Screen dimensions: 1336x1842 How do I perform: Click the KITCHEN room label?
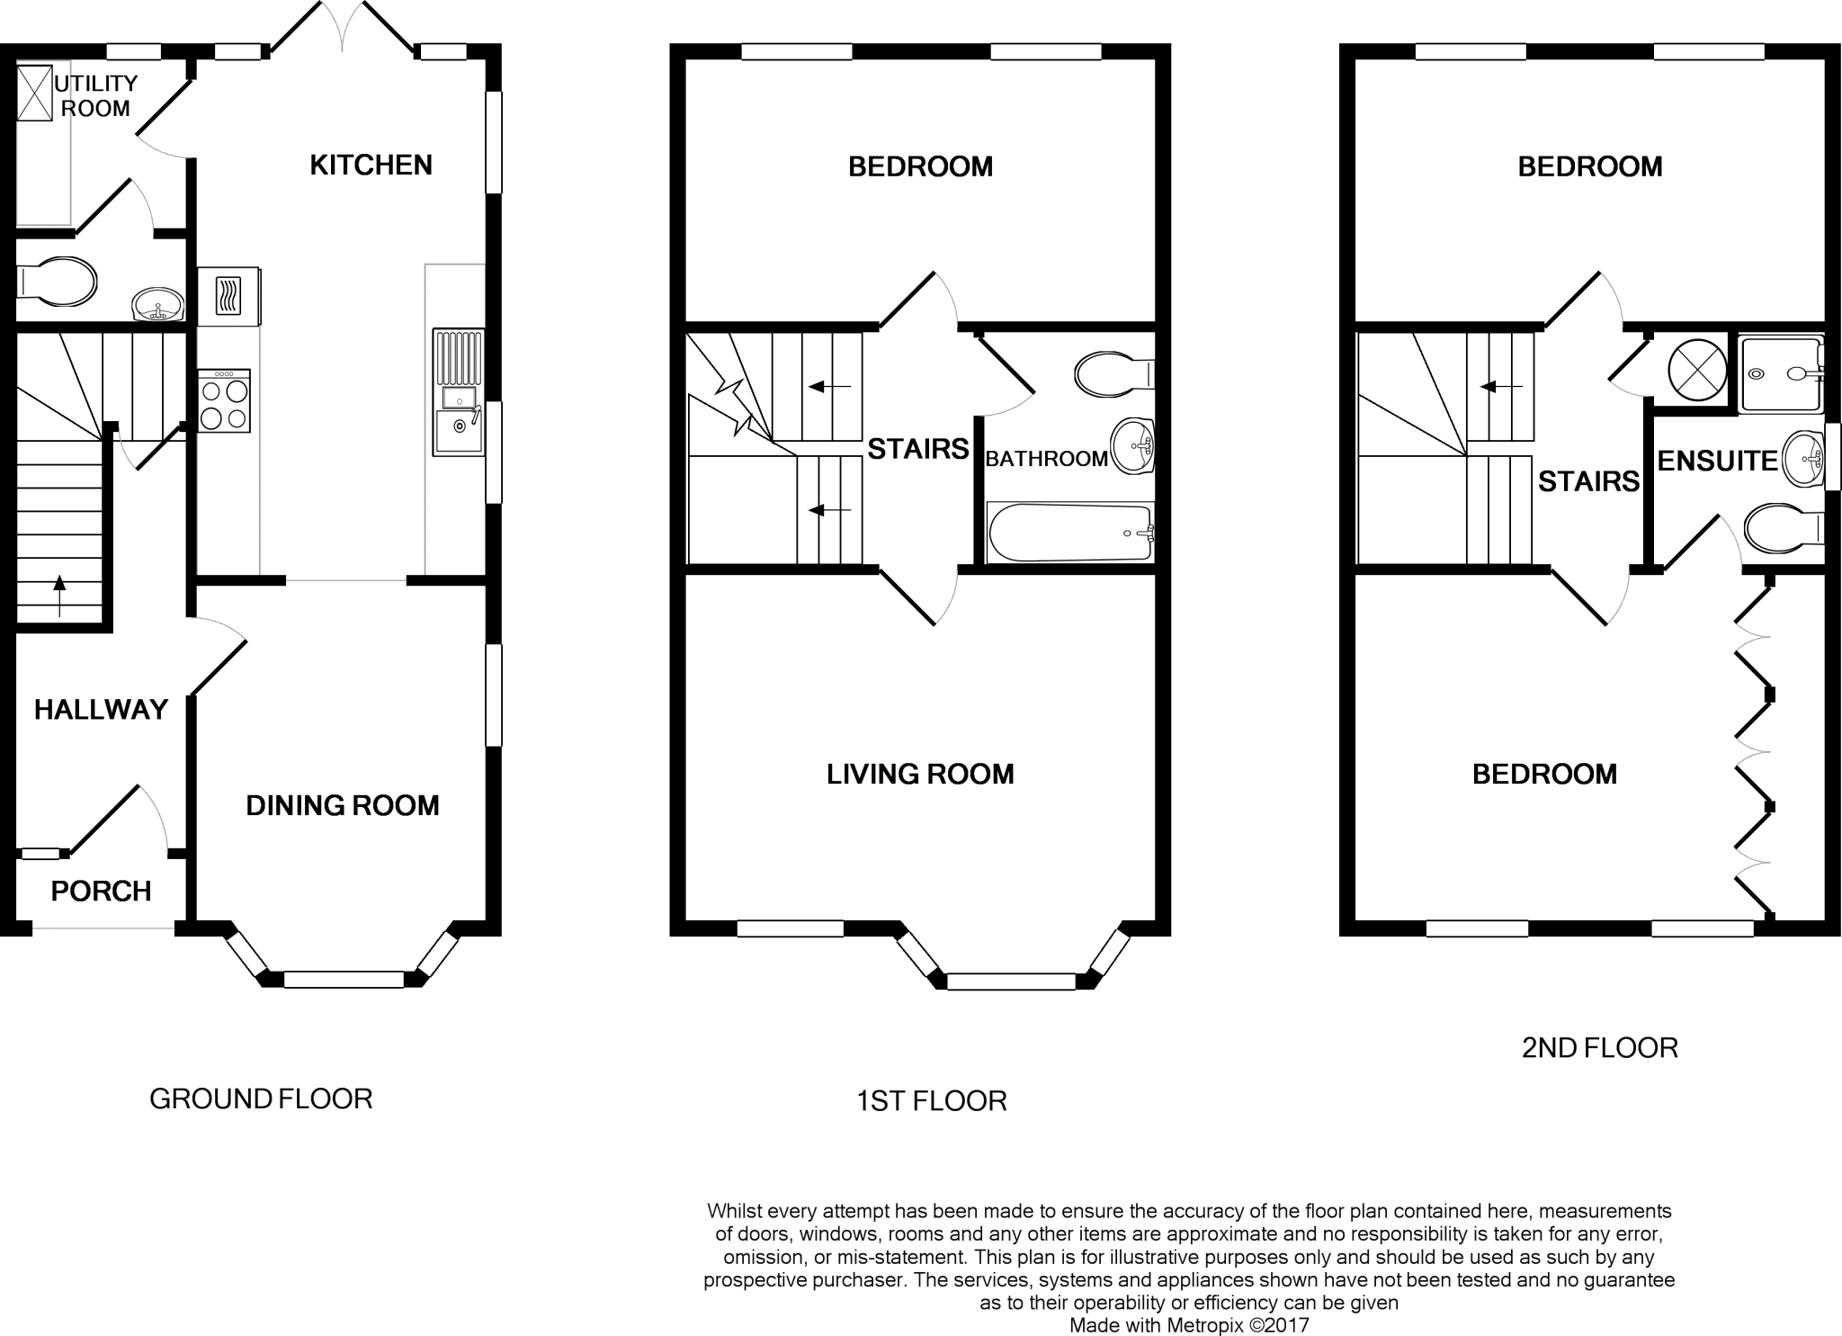371,165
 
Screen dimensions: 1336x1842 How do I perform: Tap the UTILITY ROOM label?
95,95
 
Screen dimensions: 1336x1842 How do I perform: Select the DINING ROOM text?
343,805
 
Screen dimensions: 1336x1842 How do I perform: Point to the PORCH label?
101,892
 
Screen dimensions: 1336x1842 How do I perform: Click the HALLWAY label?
101,710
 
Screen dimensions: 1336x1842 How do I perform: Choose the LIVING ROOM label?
920,774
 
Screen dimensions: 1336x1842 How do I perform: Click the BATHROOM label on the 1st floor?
1046,459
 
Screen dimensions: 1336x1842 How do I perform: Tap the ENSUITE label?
1717,461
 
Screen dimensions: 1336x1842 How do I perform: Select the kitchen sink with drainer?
459,392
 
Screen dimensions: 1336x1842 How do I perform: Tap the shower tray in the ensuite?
1780,373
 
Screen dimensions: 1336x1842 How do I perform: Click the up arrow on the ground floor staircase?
59,595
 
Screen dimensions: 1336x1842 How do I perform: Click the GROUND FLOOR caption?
261,1098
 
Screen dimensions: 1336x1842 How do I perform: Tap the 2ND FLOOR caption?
1599,1048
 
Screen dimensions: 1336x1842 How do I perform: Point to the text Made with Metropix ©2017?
1188,1325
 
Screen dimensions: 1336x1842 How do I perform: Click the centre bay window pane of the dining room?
344,980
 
